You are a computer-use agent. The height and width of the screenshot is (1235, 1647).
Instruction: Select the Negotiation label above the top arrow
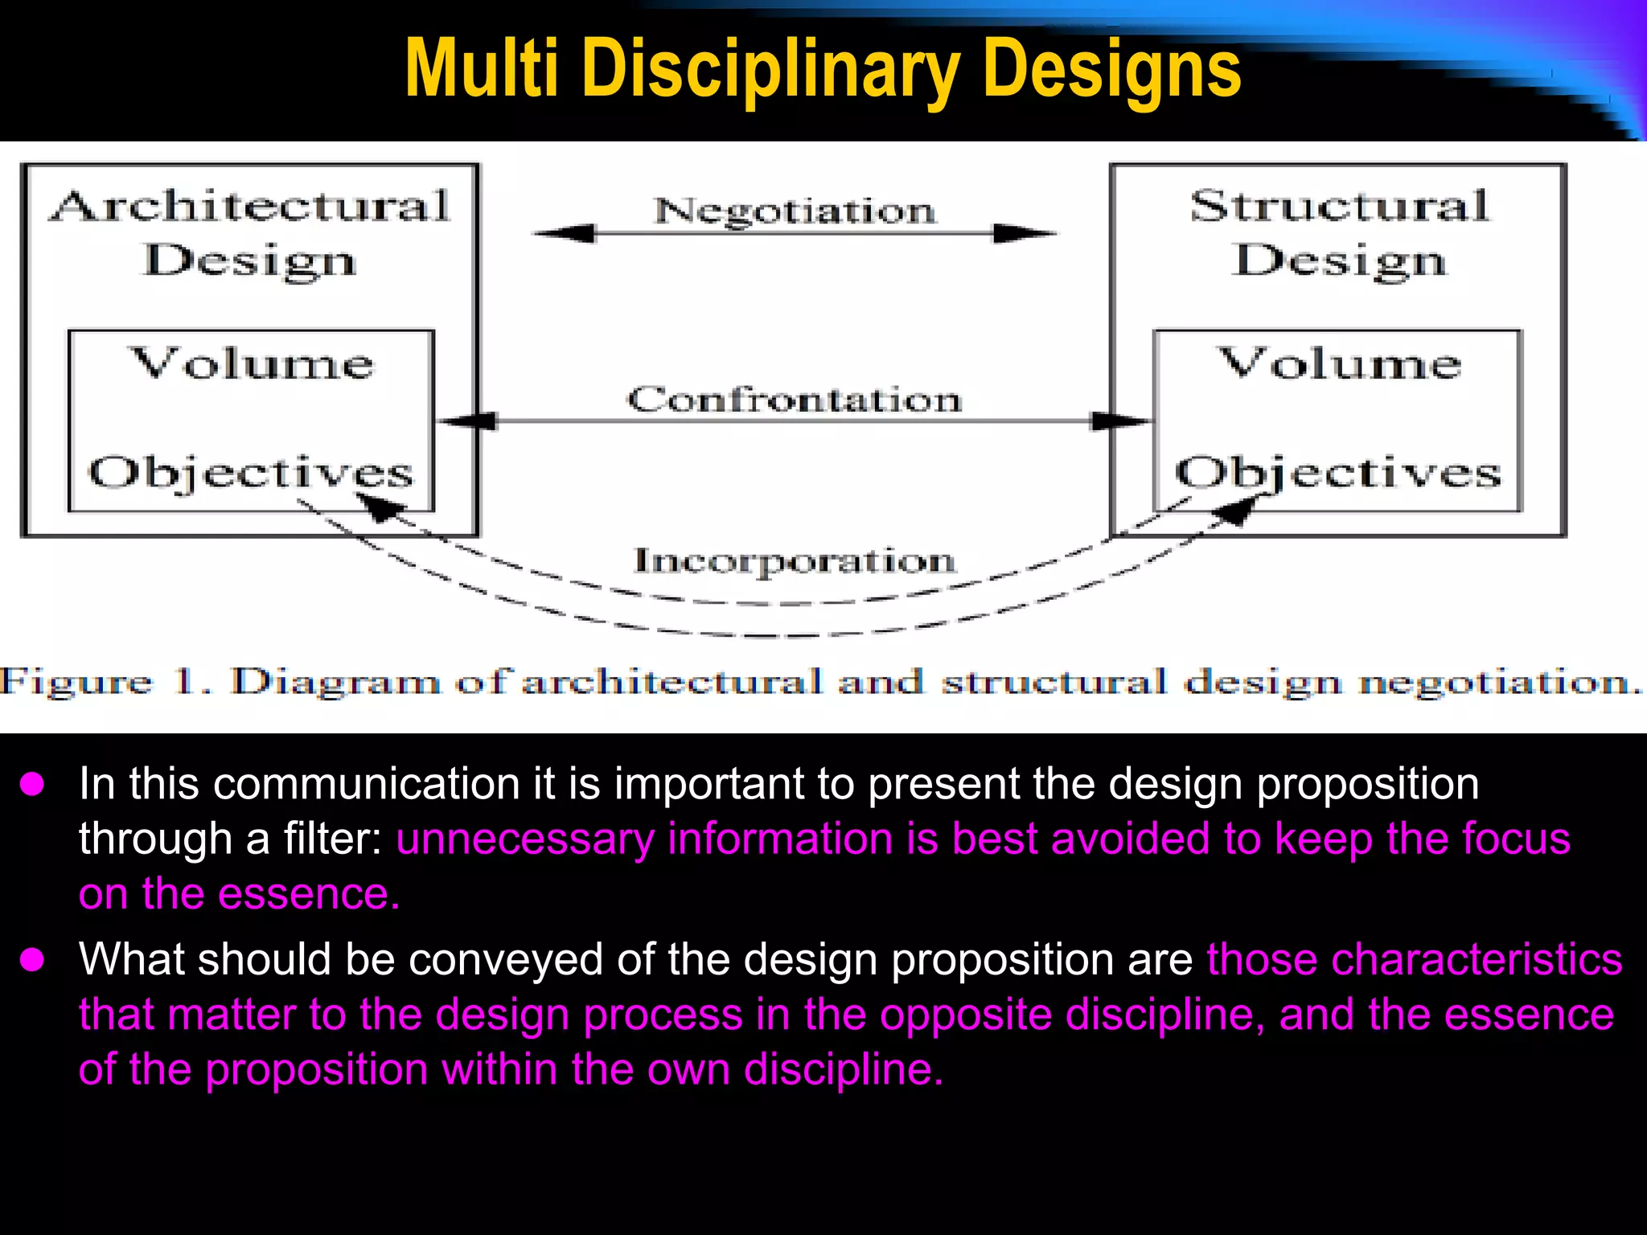coord(795,211)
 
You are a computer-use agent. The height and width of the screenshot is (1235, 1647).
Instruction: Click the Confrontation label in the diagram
coord(795,400)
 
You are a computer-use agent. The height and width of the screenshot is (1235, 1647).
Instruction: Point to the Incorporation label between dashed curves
coord(795,561)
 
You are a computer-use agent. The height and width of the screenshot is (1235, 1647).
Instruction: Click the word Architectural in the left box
coord(250,207)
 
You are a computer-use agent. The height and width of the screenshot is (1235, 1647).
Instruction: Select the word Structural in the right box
coord(1340,207)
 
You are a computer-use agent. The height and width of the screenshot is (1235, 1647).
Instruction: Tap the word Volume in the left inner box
coord(252,363)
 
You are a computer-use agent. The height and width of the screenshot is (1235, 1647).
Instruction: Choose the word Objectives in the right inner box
coord(1338,473)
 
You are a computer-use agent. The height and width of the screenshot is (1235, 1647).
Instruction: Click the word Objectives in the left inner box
coord(250,473)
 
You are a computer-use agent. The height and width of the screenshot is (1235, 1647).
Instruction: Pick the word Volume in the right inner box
coord(1339,363)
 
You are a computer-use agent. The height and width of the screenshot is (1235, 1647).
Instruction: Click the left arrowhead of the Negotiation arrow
coord(563,234)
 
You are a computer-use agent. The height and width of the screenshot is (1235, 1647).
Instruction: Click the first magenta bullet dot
coord(32,784)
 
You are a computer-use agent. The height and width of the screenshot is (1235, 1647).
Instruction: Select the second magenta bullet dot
coord(32,959)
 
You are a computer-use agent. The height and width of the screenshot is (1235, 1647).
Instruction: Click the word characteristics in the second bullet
coord(1414,959)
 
